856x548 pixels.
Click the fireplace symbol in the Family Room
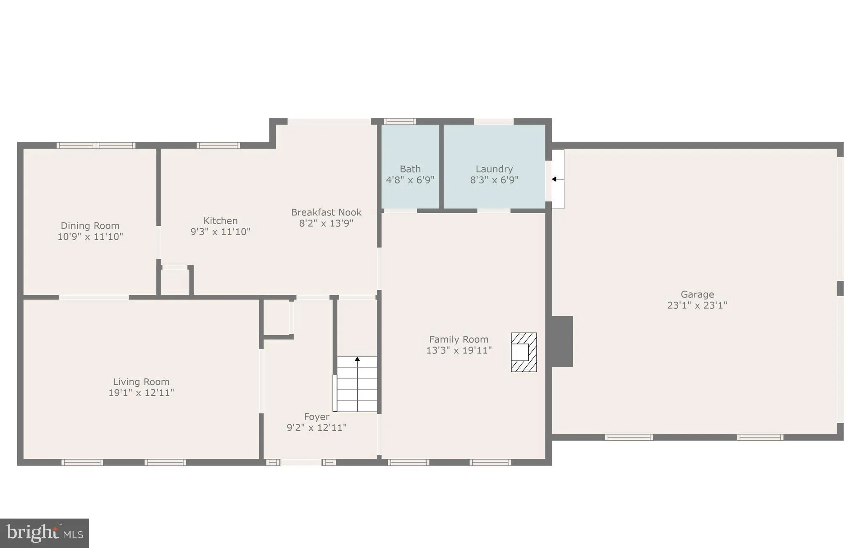524,352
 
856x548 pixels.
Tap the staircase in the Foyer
357,384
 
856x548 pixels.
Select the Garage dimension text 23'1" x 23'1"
697,305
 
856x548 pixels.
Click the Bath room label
410,169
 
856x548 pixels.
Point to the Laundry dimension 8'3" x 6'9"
494,180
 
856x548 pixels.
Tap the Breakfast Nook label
326,212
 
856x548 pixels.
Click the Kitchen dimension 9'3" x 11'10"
220,231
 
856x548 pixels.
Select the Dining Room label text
90,226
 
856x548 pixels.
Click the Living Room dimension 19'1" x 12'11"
141,392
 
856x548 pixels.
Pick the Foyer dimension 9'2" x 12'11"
316,427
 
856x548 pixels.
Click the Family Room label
458,339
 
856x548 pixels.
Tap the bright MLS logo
45,533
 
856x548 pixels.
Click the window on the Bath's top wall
400,122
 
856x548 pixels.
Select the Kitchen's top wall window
218,146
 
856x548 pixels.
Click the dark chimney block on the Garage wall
562,341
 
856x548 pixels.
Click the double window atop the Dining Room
96,146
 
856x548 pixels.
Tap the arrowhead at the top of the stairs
357,359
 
